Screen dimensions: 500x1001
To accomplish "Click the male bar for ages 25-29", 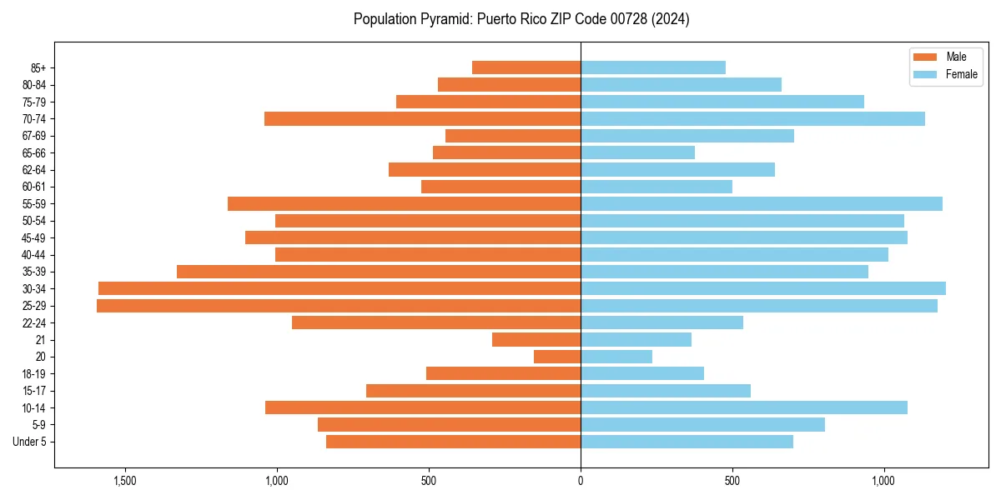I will point(338,306).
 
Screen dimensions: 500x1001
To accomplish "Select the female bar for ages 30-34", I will point(762,288).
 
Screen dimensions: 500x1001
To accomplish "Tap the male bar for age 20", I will point(557,357).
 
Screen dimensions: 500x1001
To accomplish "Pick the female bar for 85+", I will point(652,67).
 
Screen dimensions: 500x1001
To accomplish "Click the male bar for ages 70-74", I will point(422,118).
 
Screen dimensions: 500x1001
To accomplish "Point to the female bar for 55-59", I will point(761,203).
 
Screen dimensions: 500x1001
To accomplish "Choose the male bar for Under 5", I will point(453,442).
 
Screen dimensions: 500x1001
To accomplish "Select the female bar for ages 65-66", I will point(637,152).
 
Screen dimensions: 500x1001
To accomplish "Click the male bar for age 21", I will point(536,340).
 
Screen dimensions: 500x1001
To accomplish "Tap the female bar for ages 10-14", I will point(743,407).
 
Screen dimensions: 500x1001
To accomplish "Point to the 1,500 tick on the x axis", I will point(125,481).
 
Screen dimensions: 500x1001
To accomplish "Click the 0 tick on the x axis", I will point(581,481).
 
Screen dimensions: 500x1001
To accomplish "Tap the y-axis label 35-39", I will point(34,272).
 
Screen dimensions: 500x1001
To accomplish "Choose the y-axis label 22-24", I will point(34,323).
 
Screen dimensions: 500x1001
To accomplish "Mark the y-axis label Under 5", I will point(30,442).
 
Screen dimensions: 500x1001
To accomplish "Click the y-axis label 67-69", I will point(34,136).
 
